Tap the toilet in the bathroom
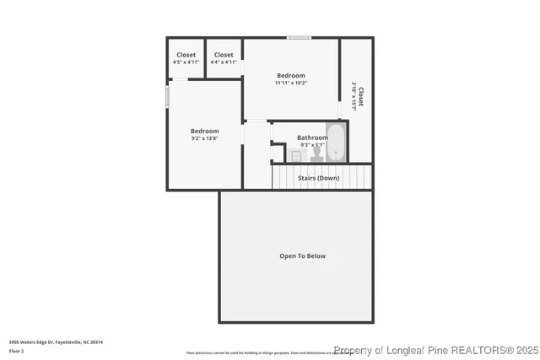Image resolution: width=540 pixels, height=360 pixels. tap(317, 154)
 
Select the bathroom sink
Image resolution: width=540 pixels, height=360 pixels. tap(296, 156)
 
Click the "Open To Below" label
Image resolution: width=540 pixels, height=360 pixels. tap(303, 255)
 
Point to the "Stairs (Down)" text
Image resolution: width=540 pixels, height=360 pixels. tap(319, 178)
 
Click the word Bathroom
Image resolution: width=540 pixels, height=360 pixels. tap(312, 137)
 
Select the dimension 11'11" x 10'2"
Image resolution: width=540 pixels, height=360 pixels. tap(291, 83)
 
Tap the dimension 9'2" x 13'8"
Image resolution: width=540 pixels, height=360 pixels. tap(204, 138)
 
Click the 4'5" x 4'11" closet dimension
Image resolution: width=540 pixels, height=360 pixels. tap(186, 62)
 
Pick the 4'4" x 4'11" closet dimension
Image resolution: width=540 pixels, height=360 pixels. tap(224, 62)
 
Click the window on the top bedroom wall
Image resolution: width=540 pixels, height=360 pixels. tap(298, 37)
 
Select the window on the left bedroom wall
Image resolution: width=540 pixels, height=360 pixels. tap(167, 94)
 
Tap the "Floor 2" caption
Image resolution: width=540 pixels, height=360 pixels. tap(18, 350)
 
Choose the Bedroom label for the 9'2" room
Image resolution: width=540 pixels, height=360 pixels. tap(204, 131)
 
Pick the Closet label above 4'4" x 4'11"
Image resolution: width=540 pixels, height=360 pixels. tap(224, 55)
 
